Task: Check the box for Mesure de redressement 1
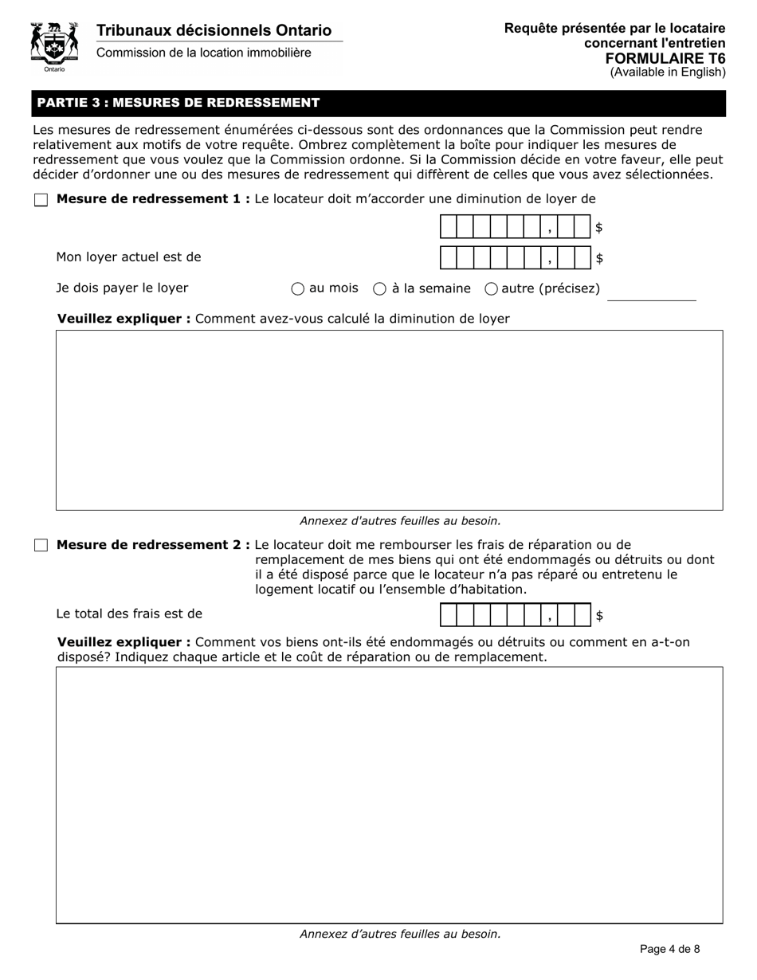41,200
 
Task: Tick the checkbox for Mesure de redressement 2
41,546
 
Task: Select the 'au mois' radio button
298,289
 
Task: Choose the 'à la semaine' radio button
380,289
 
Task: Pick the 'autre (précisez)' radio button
492,289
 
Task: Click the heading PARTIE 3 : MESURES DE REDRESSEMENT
178,103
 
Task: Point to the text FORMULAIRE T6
665,58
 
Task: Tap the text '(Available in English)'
668,73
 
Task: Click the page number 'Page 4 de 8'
670,949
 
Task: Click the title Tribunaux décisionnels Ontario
214,31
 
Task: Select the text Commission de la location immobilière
203,53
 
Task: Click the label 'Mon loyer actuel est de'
128,257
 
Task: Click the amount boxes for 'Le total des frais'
515,615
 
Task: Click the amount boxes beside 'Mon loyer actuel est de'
515,258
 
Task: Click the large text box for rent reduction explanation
389,420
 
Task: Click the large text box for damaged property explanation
389,794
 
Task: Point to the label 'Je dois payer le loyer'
122,288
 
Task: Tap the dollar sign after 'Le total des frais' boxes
599,616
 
